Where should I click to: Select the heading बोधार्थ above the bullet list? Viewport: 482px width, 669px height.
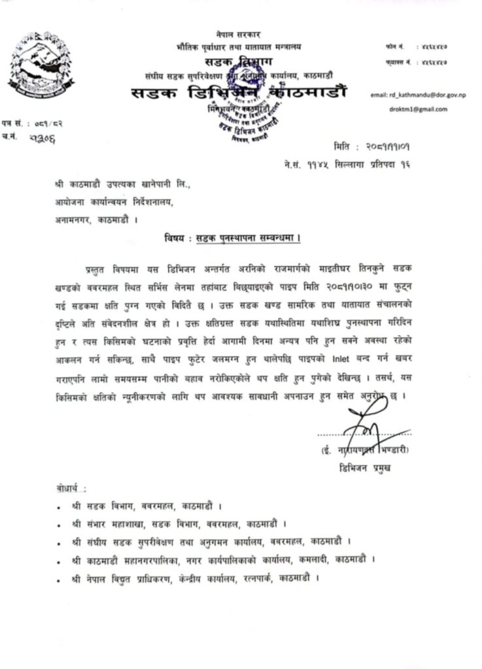tap(71, 489)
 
